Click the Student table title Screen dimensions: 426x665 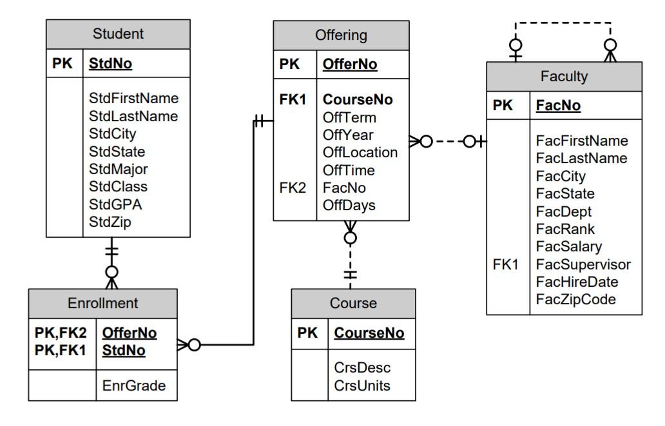(x=118, y=33)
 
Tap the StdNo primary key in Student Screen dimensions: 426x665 (x=110, y=64)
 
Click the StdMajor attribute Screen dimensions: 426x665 (x=118, y=169)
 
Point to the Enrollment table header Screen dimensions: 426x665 (x=103, y=302)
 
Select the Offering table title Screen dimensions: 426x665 (x=341, y=35)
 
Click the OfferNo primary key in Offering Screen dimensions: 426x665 (x=350, y=64)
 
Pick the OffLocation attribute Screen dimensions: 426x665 (x=360, y=153)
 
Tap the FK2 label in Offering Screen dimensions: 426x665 (x=293, y=188)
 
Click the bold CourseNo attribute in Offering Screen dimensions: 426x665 (x=358, y=100)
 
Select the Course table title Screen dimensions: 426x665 (x=353, y=303)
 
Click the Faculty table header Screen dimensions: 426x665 (x=564, y=77)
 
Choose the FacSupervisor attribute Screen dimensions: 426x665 (x=583, y=264)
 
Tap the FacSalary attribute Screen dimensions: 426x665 (x=569, y=246)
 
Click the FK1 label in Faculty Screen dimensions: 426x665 (x=506, y=264)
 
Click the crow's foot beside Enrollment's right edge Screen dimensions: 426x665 (x=182, y=345)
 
